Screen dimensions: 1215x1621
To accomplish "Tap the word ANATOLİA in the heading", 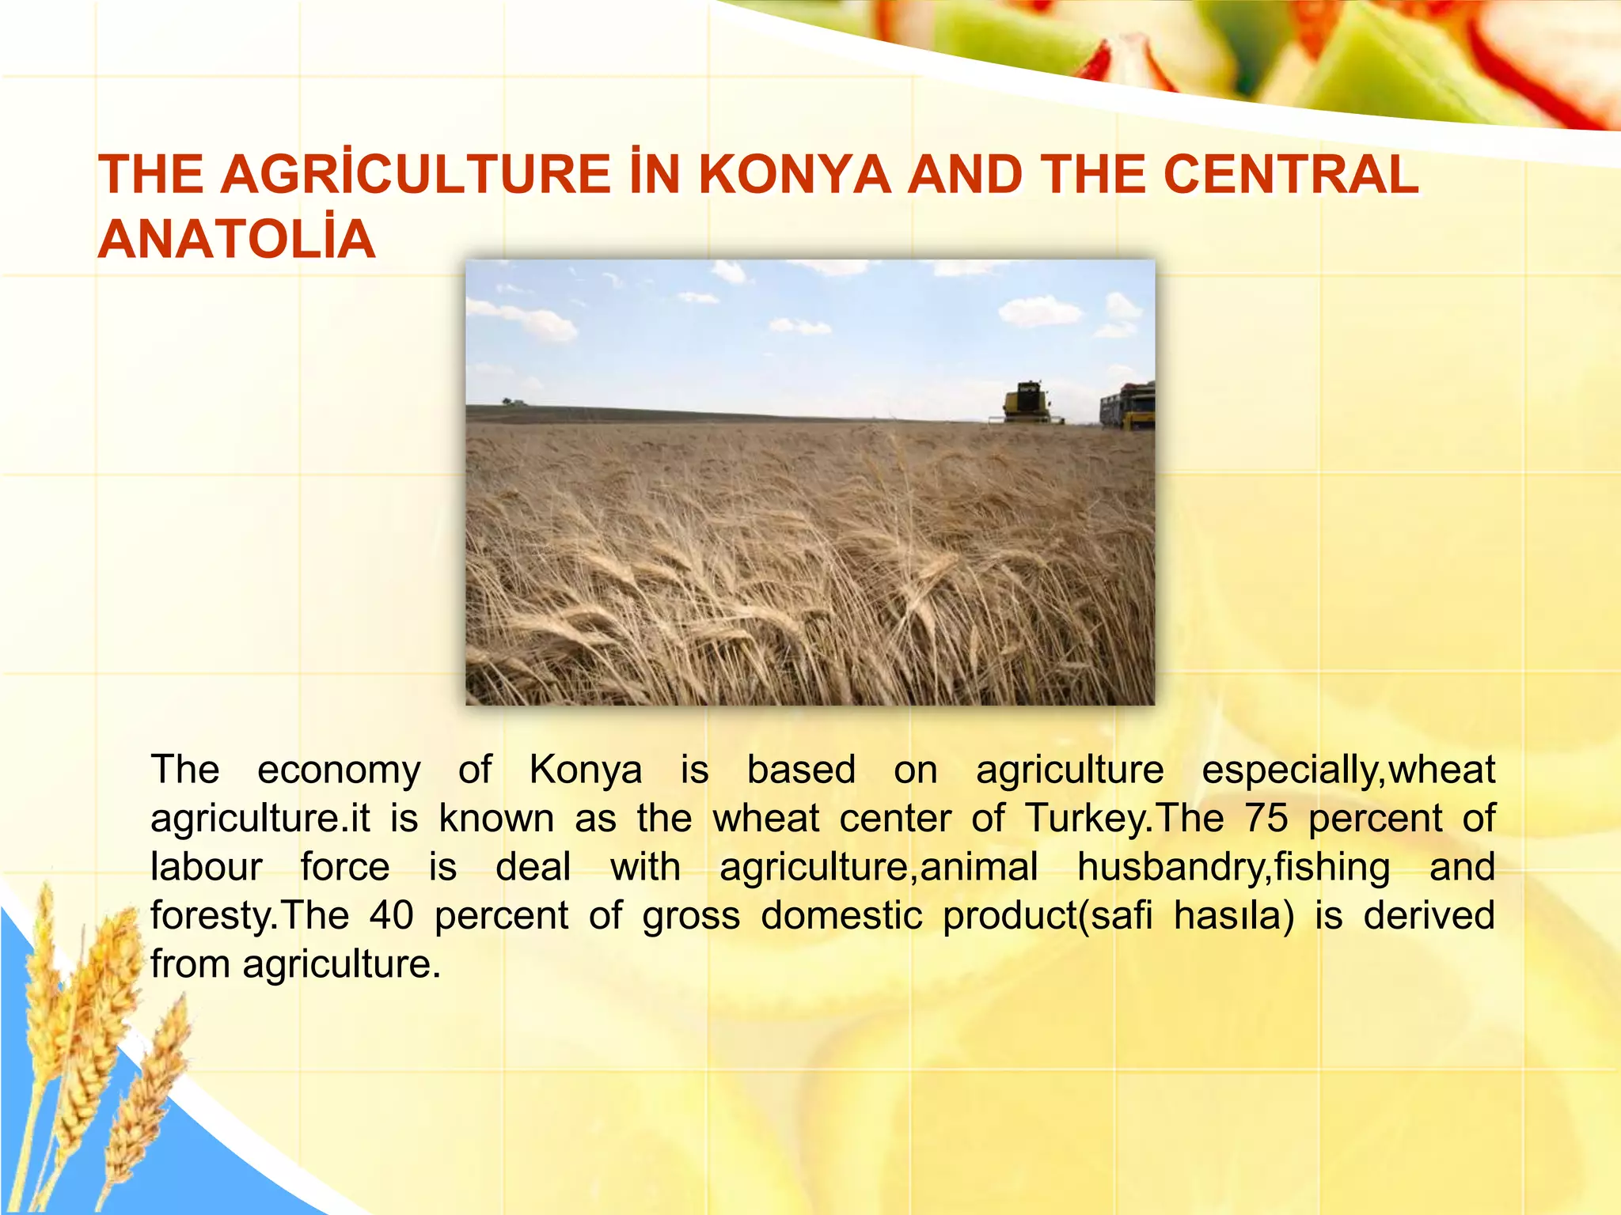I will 237,239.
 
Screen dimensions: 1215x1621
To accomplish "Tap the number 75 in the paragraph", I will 1266,819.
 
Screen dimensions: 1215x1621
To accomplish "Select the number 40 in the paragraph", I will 392,916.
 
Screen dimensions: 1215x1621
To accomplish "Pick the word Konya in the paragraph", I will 586,770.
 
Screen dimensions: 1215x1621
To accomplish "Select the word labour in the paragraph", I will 206,867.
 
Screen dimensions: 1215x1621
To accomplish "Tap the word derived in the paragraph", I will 1429,916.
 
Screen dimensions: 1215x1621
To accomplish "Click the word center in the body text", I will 895,819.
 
